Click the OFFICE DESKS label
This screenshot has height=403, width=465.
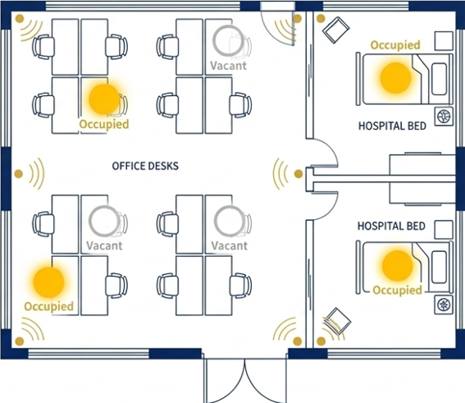[145, 166]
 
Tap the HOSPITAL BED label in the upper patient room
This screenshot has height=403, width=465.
[392, 126]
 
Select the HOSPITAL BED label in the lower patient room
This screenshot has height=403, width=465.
[391, 227]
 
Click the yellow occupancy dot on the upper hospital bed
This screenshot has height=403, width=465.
[395, 78]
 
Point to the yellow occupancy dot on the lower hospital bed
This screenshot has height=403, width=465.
[398, 266]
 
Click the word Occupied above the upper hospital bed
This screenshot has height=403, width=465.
[395, 45]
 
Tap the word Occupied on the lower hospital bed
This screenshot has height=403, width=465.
[397, 290]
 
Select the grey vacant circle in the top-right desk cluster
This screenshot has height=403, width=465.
[228, 41]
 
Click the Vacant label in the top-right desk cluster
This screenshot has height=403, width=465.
[228, 66]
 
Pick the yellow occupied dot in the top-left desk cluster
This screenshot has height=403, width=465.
[104, 99]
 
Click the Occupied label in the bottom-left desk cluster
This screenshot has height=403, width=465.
[48, 306]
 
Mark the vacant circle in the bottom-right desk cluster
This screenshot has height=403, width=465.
[230, 221]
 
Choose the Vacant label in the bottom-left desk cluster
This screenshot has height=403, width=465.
[104, 245]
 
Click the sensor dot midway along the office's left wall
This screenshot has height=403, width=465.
[18, 174]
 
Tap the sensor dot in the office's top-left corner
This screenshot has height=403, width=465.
[20, 18]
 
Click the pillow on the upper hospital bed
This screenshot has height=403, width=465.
[440, 79]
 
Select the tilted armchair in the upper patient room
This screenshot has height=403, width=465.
[336, 30]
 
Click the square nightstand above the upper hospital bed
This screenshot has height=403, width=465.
[444, 41]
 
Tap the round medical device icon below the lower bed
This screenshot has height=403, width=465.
[444, 305]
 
